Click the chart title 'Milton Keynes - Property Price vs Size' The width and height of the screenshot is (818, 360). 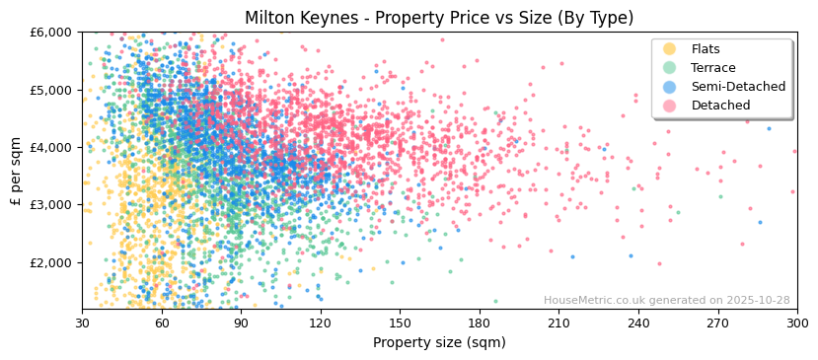[x=439, y=18]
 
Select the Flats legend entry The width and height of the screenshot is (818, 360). [x=705, y=49]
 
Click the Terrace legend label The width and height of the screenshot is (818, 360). [x=712, y=68]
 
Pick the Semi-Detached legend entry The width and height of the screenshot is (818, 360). [x=738, y=87]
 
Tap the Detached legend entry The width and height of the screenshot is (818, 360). [x=720, y=106]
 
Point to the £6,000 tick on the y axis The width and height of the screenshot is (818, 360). [x=51, y=33]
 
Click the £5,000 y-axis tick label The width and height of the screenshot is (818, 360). [x=51, y=90]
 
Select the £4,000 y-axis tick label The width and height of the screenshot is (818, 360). [x=51, y=148]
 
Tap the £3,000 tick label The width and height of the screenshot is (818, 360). [x=51, y=205]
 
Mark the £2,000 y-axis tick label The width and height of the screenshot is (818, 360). [x=51, y=262]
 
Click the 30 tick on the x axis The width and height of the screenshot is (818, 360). [x=82, y=324]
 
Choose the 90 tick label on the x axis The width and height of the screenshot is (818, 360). [x=241, y=324]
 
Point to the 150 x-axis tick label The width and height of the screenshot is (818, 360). [x=400, y=324]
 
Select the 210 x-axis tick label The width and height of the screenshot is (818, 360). [x=558, y=324]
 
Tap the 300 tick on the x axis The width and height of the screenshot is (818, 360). [x=796, y=324]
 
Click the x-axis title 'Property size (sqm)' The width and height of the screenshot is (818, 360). [x=439, y=343]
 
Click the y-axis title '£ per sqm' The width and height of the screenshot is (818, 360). [x=16, y=171]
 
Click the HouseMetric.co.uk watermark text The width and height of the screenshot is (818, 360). [x=666, y=301]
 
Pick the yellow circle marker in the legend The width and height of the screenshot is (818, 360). [x=670, y=49]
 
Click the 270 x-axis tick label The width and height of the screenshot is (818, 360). [x=717, y=324]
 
